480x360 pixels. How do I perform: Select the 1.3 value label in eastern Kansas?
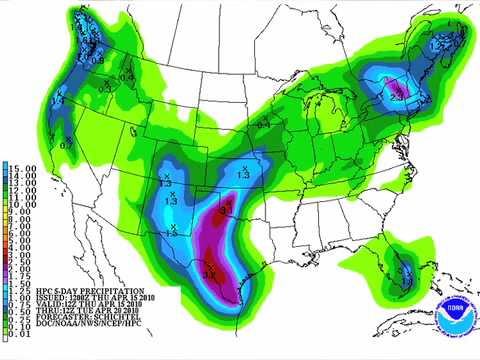243,175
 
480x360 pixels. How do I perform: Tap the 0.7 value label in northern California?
67,146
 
